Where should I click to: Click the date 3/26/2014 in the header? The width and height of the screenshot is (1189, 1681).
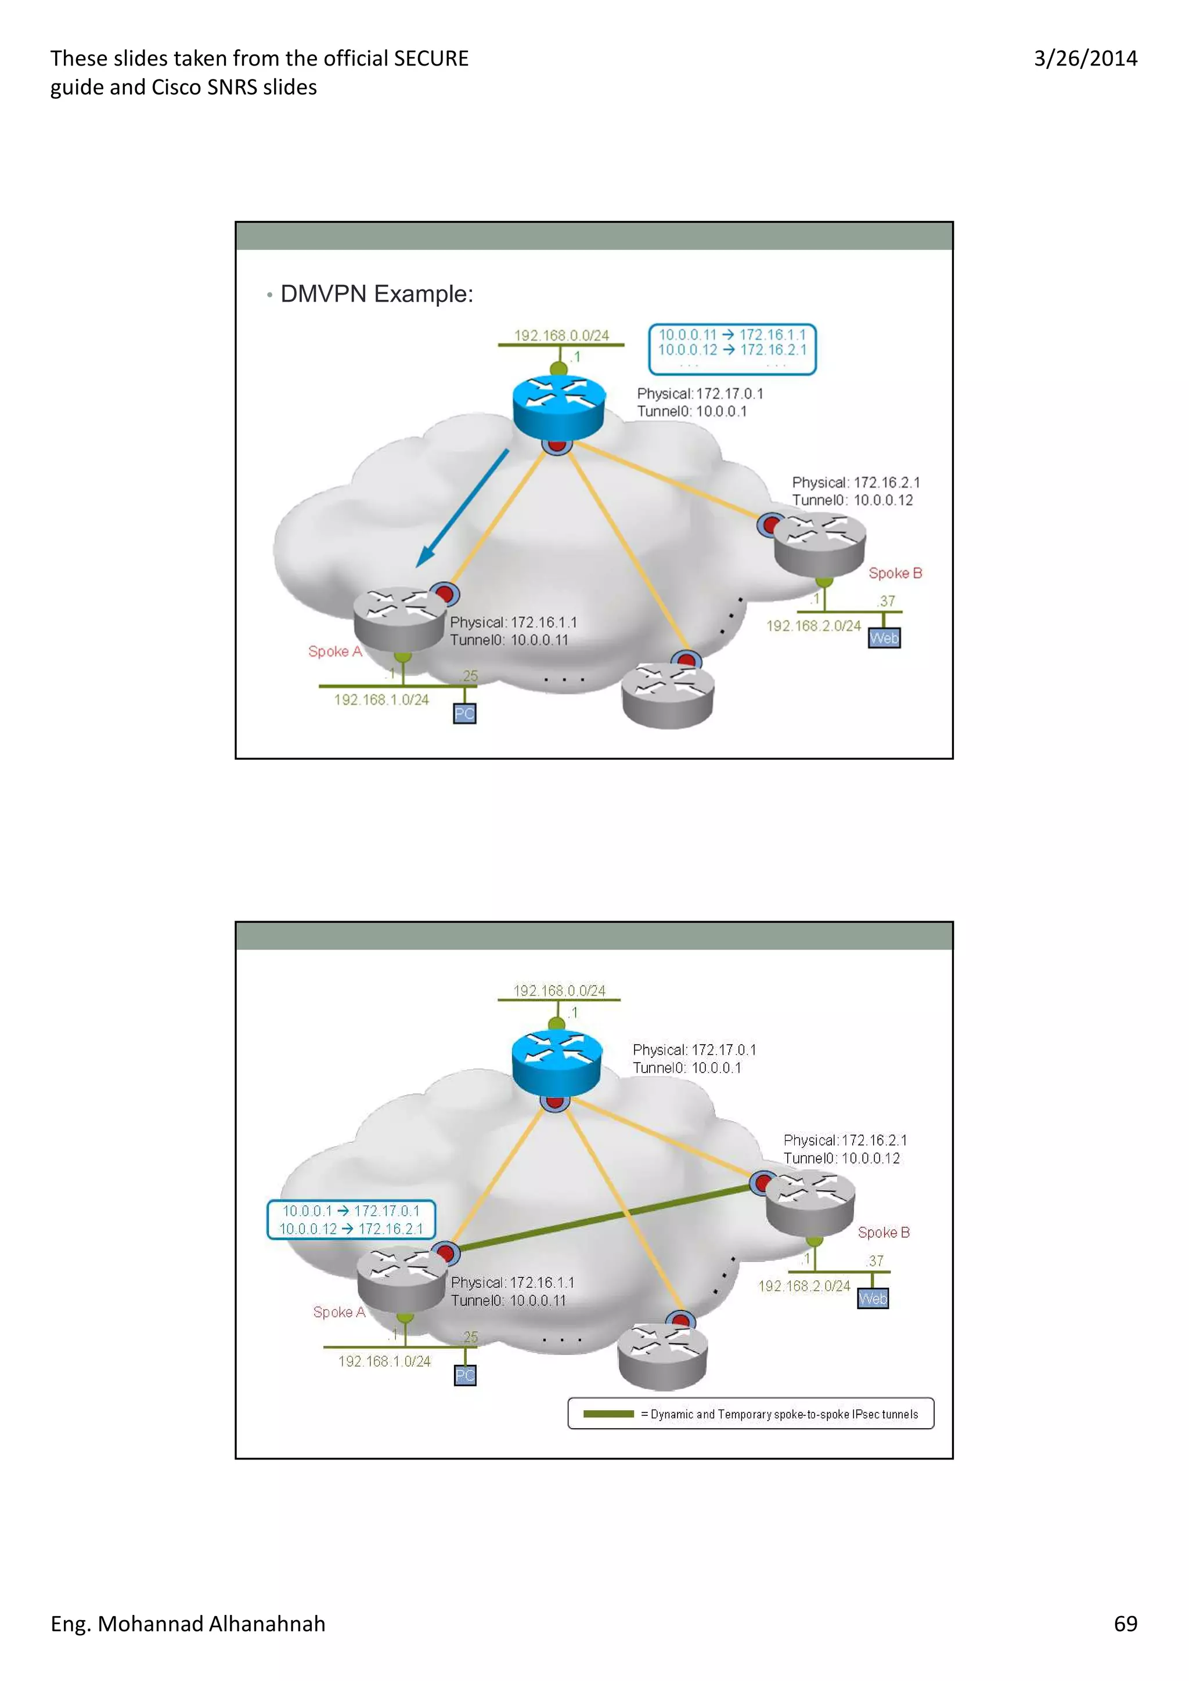pyautogui.click(x=1085, y=59)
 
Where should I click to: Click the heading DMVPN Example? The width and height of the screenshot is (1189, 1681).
pyautogui.click(x=377, y=294)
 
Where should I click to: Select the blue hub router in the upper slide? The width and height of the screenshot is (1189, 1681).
pyautogui.click(x=559, y=408)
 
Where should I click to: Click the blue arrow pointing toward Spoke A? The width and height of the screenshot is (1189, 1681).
pyautogui.click(x=462, y=508)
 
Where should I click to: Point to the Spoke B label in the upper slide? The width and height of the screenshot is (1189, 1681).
pyautogui.click(x=895, y=573)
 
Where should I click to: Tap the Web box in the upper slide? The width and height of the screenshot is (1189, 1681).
pyautogui.click(x=884, y=639)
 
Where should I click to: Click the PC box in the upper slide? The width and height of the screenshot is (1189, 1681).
pyautogui.click(x=464, y=714)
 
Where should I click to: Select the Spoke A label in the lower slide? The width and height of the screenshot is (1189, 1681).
pyautogui.click(x=338, y=1312)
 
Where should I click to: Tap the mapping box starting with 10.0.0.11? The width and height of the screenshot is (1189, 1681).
pyautogui.click(x=732, y=349)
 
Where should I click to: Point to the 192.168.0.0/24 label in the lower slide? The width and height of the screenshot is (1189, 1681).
pyautogui.click(x=559, y=991)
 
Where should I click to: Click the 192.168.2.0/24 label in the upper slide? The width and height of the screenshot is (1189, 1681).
pyautogui.click(x=813, y=626)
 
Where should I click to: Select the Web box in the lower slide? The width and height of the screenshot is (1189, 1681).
pyautogui.click(x=873, y=1299)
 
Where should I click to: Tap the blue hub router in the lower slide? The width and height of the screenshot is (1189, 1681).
pyautogui.click(x=557, y=1063)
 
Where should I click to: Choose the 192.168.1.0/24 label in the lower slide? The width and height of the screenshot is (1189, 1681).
pyautogui.click(x=384, y=1361)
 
